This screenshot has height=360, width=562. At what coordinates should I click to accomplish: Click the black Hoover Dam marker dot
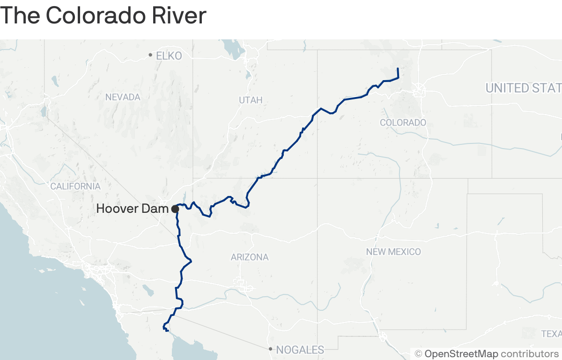click(175, 209)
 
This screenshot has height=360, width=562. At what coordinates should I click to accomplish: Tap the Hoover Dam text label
click(132, 209)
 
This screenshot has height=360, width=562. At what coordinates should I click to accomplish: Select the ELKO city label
click(169, 56)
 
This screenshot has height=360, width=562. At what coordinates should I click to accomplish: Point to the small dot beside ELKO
click(150, 55)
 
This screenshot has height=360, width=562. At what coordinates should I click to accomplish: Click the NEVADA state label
click(123, 97)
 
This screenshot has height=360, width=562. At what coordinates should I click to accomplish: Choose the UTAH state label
click(251, 100)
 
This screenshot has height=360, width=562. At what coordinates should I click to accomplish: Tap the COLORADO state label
click(403, 122)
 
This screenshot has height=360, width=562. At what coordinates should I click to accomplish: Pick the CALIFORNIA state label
click(75, 186)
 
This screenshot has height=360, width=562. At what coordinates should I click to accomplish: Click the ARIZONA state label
click(250, 257)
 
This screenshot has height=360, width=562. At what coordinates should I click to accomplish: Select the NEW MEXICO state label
click(393, 252)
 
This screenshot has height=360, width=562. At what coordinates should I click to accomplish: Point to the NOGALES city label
click(300, 350)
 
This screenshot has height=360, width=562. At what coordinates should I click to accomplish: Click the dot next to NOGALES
click(270, 349)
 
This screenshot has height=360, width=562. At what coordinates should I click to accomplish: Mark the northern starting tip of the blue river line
click(398, 69)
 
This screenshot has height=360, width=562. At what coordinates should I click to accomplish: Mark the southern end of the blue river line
click(167, 331)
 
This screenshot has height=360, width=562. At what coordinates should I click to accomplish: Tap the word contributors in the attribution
click(530, 353)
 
